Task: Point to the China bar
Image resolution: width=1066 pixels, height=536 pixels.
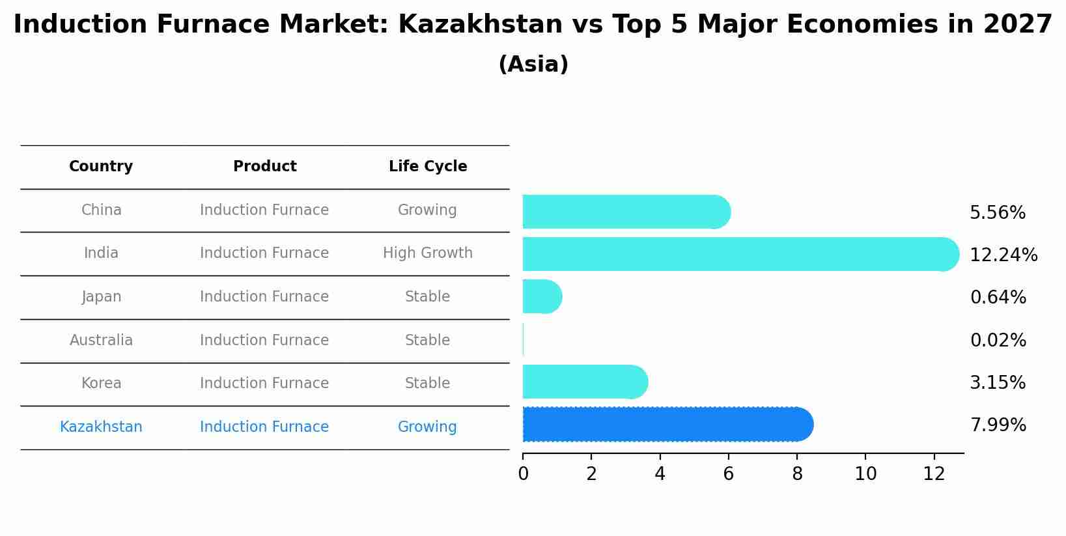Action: pyautogui.click(x=625, y=212)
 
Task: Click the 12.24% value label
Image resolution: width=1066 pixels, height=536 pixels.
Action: pyautogui.click(x=1003, y=255)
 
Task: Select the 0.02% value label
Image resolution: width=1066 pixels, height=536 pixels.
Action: pyautogui.click(x=998, y=341)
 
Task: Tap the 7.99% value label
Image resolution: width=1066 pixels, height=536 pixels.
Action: pyautogui.click(x=998, y=425)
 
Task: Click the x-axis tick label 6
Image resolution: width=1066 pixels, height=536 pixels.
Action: pyautogui.click(x=728, y=474)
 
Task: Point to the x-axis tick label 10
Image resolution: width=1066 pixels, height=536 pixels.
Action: pyautogui.click(x=865, y=474)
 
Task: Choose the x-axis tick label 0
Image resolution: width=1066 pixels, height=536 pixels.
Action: pyautogui.click(x=523, y=474)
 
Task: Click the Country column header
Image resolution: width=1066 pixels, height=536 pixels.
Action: pyautogui.click(x=101, y=167)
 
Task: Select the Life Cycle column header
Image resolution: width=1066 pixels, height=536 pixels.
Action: pyautogui.click(x=428, y=167)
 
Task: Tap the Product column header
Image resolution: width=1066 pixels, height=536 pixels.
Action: pyautogui.click(x=264, y=167)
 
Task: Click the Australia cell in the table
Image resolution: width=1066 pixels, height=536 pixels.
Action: pyautogui.click(x=101, y=341)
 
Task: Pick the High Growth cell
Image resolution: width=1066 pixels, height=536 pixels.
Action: pyautogui.click(x=428, y=253)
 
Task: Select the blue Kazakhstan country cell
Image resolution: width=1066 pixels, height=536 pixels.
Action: pyautogui.click(x=101, y=427)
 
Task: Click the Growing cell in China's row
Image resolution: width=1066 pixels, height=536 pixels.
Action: pyautogui.click(x=427, y=210)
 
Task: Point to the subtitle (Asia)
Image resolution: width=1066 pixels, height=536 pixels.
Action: pyautogui.click(x=533, y=64)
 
